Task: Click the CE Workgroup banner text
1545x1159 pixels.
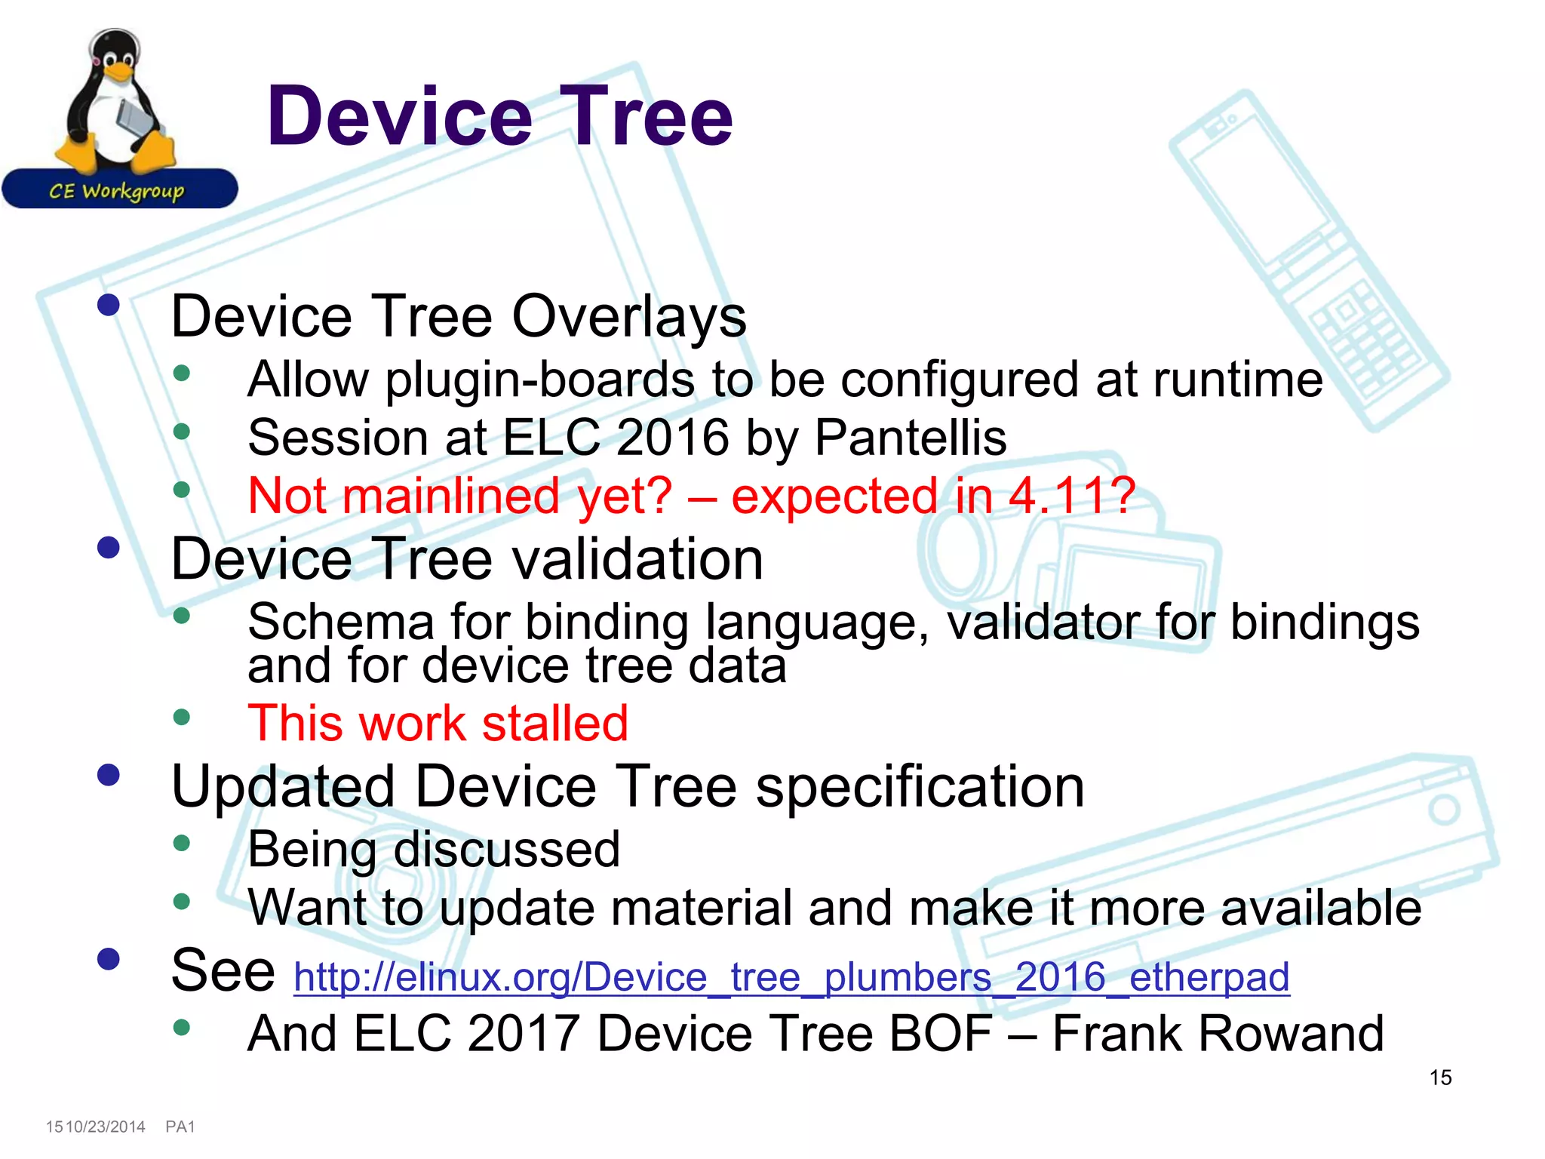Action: (117, 191)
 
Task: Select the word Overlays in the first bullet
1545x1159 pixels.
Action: (629, 316)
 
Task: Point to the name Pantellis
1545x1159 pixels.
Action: (911, 438)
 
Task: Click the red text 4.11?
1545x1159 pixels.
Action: (1072, 496)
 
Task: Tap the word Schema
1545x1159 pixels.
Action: (340, 623)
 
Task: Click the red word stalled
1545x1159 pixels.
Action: (554, 723)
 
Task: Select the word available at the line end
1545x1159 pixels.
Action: (1321, 907)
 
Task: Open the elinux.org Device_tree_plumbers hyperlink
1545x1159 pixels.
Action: (791, 976)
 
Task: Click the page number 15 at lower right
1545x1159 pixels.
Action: (1440, 1078)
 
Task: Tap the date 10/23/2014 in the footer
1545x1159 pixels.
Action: (106, 1127)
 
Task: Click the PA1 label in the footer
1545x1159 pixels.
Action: (180, 1127)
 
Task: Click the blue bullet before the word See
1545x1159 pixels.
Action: (109, 959)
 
